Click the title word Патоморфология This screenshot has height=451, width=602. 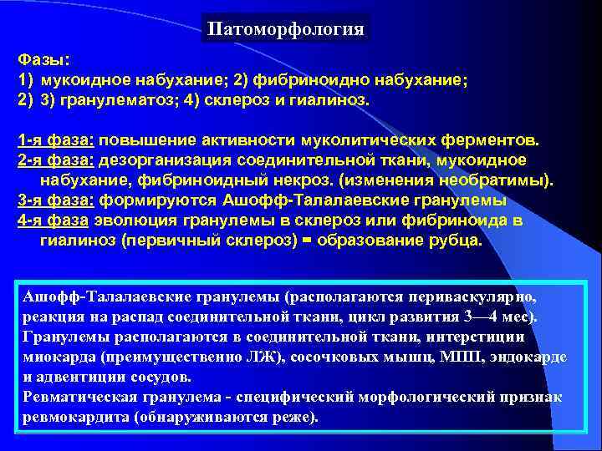click(x=286, y=30)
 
